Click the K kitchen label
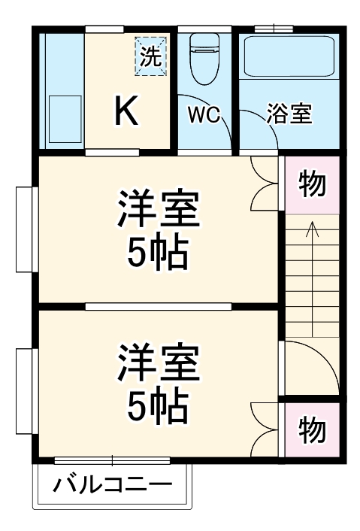click(126, 112)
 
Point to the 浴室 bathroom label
click(289, 115)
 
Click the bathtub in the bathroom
click(289, 56)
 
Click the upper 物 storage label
click(312, 184)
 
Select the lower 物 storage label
click(312, 429)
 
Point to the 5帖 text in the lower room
click(157, 407)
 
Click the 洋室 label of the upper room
click(158, 211)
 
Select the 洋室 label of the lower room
click(158, 363)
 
